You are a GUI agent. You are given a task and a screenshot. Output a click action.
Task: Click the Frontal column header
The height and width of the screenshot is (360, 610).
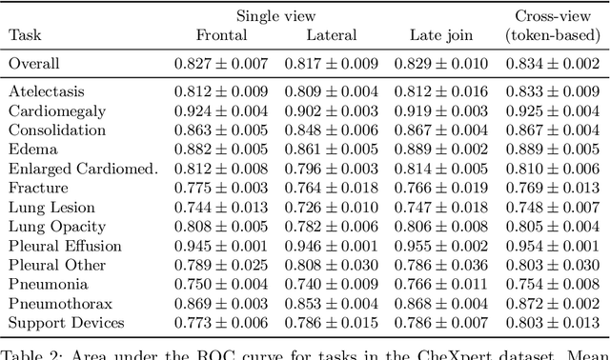click(221, 35)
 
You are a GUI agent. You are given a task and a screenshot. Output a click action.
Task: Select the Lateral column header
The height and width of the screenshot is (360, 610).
click(332, 35)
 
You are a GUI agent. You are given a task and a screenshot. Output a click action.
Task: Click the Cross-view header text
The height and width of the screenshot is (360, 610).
click(549, 15)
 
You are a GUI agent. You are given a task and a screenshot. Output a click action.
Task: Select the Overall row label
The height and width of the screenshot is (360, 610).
click(34, 64)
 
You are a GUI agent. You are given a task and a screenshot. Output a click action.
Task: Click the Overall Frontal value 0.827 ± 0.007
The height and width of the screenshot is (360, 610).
click(221, 64)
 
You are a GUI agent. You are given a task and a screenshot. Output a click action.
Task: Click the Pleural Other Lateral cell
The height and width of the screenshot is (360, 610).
click(332, 265)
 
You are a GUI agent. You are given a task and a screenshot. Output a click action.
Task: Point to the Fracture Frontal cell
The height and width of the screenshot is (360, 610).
click(221, 188)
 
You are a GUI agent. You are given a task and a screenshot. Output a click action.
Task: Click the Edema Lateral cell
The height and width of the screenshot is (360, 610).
click(332, 150)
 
